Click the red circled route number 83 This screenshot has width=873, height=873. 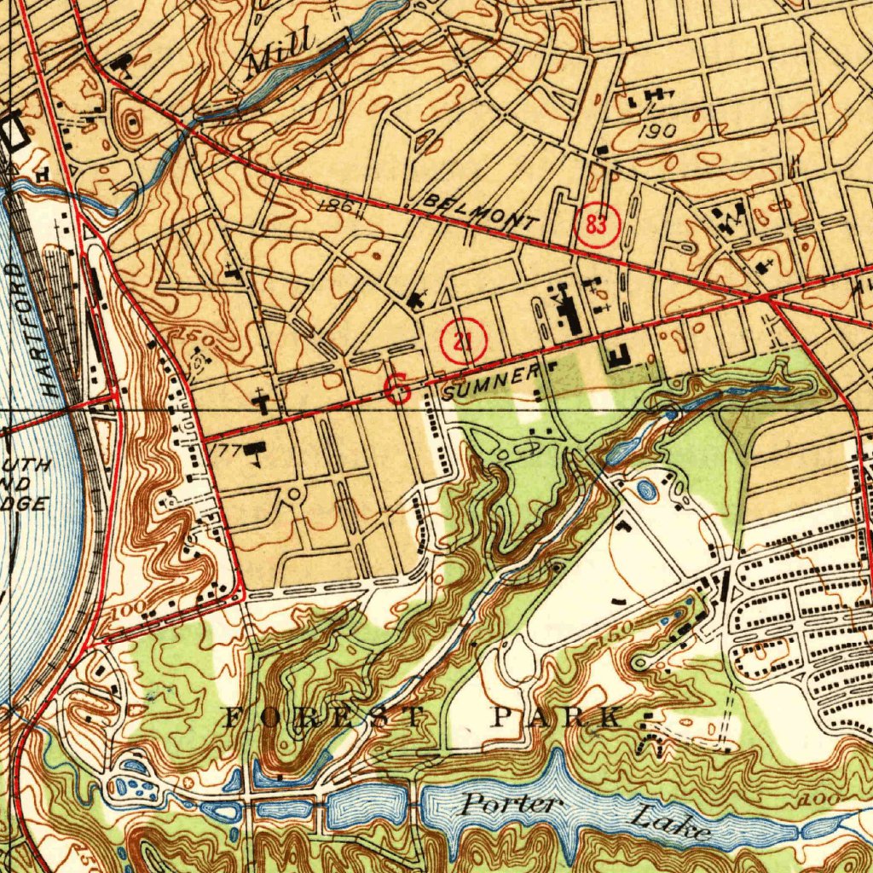598,226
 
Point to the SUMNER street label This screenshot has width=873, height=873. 493,380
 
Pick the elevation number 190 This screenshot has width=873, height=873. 656,130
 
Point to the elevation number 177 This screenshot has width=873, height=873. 223,449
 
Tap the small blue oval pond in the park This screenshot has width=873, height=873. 646,489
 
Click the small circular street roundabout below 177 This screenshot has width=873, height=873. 295,494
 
